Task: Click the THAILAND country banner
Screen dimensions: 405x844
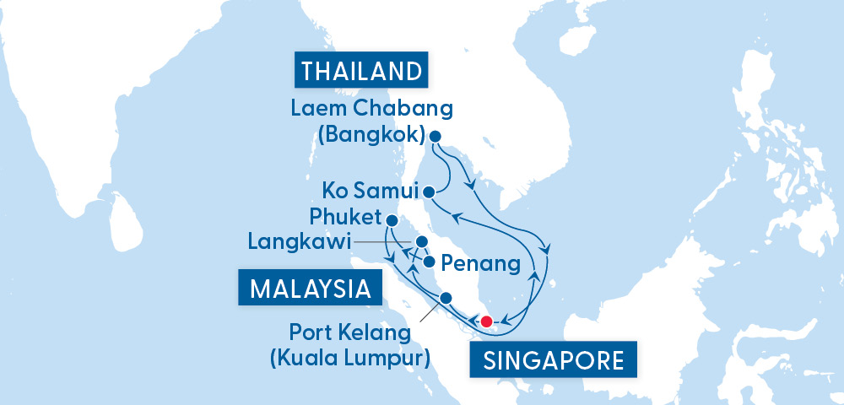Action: [x=360, y=71]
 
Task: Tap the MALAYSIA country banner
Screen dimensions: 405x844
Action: [x=310, y=289]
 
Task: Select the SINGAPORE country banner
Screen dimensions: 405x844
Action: [x=554, y=361]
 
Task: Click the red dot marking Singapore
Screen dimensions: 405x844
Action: [x=486, y=321]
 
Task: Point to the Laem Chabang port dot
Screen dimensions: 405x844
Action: [x=435, y=136]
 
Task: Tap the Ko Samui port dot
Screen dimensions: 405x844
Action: [x=429, y=191]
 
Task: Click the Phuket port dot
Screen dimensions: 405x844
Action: [x=392, y=220]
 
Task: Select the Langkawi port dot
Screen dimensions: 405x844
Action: [x=419, y=242]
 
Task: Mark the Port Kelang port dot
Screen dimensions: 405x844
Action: [x=446, y=297]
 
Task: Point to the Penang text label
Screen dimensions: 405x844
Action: [x=481, y=264]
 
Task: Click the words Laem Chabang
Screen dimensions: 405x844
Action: [x=372, y=110]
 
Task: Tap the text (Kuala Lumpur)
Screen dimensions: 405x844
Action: [x=349, y=357]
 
